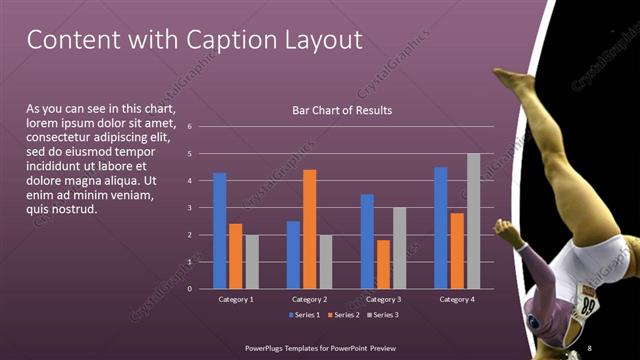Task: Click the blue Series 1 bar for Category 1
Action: (220, 230)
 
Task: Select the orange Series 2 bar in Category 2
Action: (309, 229)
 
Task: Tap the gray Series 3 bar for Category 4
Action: (473, 221)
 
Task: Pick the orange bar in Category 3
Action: (383, 264)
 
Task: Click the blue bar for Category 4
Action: (441, 227)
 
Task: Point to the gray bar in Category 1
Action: (251, 262)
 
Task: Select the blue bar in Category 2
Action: (293, 254)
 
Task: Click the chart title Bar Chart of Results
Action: (342, 110)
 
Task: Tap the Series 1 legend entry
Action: (305, 315)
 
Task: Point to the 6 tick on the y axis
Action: (190, 127)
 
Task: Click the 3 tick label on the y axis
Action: (190, 208)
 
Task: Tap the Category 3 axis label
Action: (383, 299)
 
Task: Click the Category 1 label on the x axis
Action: (236, 299)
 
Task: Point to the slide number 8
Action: (589, 347)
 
